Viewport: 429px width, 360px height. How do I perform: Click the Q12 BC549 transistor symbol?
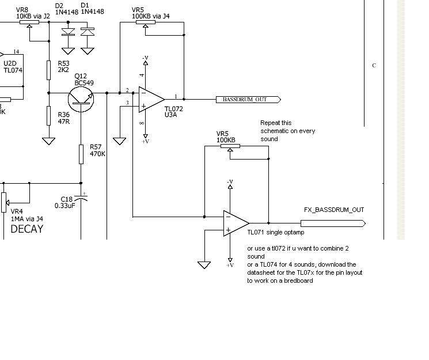pos(81,100)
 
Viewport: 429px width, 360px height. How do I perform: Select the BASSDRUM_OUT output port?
pos(248,100)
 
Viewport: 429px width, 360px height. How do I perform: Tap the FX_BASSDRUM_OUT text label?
pos(334,210)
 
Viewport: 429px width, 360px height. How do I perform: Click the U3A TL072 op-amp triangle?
pos(151,100)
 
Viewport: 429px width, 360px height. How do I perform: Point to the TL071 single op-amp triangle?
pos(236,223)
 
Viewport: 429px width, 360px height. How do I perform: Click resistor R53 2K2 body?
pos(49,70)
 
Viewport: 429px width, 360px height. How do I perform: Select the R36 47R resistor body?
pos(49,116)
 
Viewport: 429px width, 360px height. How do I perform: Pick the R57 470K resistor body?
pos(81,154)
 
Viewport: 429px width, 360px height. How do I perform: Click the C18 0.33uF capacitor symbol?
pos(81,198)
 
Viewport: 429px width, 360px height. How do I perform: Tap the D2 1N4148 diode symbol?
pos(68,32)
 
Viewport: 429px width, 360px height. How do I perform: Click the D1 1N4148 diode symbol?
pos(88,32)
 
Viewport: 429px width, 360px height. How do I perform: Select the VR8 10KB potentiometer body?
pos(29,22)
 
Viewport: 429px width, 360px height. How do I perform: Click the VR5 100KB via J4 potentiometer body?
pos(146,22)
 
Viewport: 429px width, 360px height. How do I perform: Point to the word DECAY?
pos(27,229)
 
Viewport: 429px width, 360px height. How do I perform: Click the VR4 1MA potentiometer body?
pos(3,202)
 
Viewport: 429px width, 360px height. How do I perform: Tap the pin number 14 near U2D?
pos(16,51)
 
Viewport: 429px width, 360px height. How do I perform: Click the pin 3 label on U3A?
pos(127,103)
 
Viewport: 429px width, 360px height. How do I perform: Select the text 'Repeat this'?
pos(276,123)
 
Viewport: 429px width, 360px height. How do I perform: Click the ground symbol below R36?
pos(49,141)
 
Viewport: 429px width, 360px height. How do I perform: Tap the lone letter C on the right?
pos(374,66)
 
